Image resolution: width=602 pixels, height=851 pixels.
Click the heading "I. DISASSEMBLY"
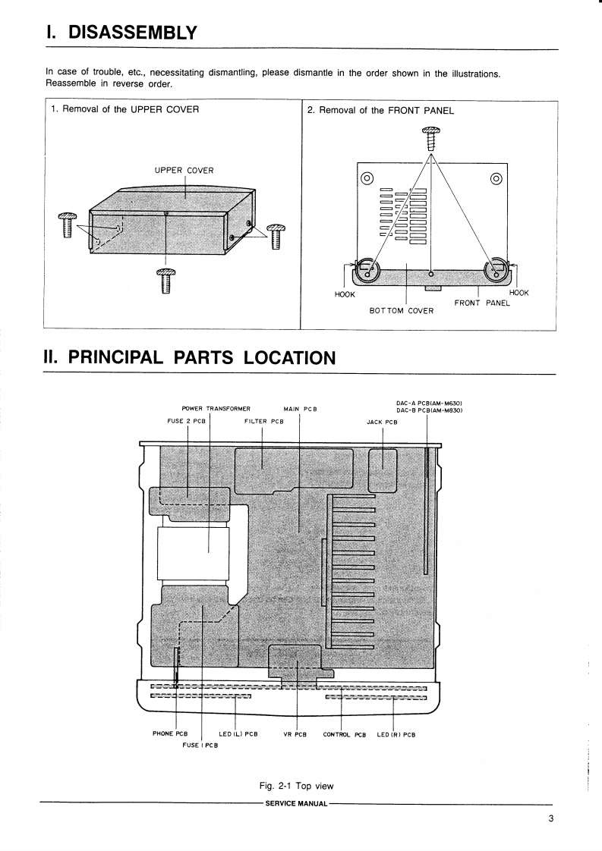[x=121, y=32]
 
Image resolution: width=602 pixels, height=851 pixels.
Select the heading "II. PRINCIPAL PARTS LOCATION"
[x=190, y=357]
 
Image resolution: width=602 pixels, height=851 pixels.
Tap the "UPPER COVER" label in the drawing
[x=184, y=170]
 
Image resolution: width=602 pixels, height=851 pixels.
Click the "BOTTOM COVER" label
[x=402, y=310]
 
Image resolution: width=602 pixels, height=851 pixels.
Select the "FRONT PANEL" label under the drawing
[x=481, y=303]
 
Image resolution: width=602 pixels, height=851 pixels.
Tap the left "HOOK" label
[x=345, y=294]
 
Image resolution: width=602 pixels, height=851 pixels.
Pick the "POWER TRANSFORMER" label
[x=216, y=409]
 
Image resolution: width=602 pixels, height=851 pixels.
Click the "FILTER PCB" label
[x=263, y=422]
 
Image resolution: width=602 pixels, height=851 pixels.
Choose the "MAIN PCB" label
[x=300, y=409]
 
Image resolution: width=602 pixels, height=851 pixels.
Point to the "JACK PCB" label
[x=382, y=422]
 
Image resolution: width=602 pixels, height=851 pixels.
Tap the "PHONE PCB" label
[x=170, y=733]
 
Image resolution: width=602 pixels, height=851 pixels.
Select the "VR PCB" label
[x=295, y=733]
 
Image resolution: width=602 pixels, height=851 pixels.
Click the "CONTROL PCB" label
[x=344, y=733]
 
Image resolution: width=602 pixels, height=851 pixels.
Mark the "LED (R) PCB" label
[x=396, y=733]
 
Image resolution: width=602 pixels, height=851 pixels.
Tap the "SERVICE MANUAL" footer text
[x=296, y=802]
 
